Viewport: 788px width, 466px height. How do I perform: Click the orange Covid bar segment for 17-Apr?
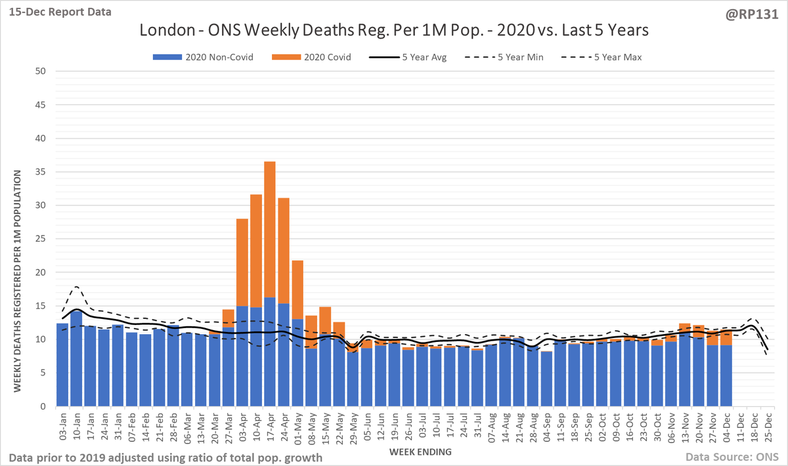click(270, 230)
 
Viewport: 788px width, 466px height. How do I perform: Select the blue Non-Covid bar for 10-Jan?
click(76, 358)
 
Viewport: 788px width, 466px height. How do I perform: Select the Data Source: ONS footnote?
click(728, 456)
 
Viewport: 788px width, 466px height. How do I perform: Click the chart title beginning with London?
click(394, 30)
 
